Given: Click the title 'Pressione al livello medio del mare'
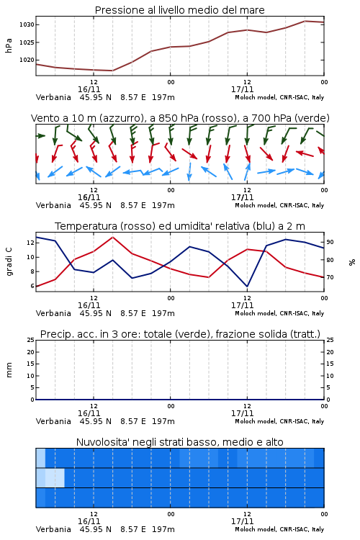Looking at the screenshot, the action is pos(179,10).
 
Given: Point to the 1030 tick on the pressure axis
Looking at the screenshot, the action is pos(27,24).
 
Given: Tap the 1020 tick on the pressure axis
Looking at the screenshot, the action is pos(27,60).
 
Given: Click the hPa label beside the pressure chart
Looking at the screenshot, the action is pos(9,45).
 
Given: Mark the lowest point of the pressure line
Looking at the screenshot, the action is pos(112,71).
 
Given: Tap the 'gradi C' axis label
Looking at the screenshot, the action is pos(9,261).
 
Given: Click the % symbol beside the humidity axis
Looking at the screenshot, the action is pos(352,262).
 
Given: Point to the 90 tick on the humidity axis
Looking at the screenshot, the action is pos(330,242).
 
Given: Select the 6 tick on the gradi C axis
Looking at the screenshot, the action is pos(32,286).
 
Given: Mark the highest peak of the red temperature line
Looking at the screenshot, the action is pos(112,237).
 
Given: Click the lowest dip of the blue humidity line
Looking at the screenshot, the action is pos(247,286).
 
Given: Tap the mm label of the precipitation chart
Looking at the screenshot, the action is pos(9,369).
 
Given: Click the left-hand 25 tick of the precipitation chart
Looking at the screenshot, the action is pos(31,340).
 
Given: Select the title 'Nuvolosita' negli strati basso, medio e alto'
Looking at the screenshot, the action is pos(179,442).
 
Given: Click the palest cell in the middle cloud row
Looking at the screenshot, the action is pos(55,477).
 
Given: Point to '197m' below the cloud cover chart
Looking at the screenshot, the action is pos(163,529).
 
